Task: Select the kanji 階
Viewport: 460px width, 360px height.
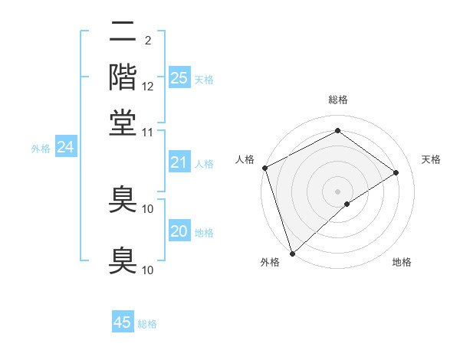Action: (x=123, y=77)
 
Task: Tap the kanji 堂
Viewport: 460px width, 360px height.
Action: (x=123, y=121)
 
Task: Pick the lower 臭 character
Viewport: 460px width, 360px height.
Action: (x=123, y=260)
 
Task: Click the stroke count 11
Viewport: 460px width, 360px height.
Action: (x=149, y=132)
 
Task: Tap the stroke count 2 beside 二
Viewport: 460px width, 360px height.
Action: (x=147, y=40)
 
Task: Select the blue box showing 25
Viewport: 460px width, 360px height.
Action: (x=179, y=78)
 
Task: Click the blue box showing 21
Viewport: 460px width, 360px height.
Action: (x=179, y=162)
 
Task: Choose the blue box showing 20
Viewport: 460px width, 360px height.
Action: (x=179, y=231)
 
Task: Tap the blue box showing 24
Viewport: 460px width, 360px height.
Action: (x=65, y=147)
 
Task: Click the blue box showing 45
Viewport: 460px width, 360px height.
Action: (x=123, y=322)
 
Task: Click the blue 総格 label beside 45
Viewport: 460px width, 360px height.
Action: (x=147, y=324)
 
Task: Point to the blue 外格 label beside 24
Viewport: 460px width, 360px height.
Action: (x=40, y=149)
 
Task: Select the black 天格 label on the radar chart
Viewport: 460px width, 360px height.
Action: (x=431, y=159)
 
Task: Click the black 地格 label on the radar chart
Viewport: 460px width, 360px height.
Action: (x=402, y=262)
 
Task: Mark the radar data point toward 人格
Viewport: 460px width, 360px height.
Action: (x=264, y=168)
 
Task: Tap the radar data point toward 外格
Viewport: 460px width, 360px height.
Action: (x=292, y=253)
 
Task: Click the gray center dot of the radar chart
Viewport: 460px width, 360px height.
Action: (x=337, y=191)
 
